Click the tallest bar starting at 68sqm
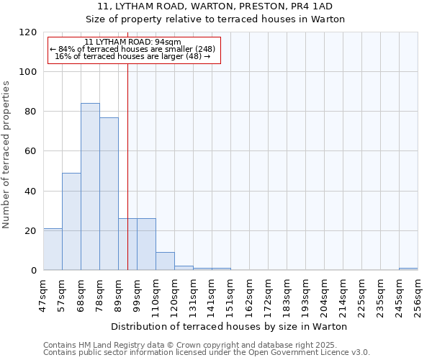(90, 186)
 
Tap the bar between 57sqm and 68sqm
(71, 222)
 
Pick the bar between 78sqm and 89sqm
(109, 194)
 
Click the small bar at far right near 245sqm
(408, 269)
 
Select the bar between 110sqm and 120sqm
(165, 261)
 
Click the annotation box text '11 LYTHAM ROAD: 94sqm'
(133, 42)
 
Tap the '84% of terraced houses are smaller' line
(133, 49)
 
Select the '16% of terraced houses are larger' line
(133, 56)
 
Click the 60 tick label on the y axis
(31, 151)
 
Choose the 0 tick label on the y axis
(34, 271)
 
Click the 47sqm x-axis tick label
(44, 296)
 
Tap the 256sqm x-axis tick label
(418, 296)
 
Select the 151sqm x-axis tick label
(231, 296)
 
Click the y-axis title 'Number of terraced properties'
(6, 155)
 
